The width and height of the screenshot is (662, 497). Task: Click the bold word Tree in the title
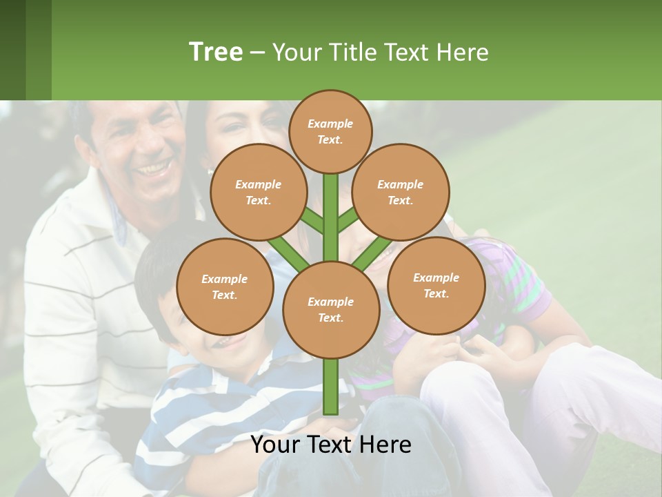click(216, 52)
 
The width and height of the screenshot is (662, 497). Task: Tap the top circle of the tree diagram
click(330, 131)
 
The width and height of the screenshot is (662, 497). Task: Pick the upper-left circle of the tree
click(258, 193)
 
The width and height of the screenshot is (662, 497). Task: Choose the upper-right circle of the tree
click(401, 193)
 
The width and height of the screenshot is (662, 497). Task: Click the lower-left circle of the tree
click(224, 286)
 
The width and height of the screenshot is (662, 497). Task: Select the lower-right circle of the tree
click(436, 285)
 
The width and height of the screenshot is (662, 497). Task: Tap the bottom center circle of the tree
click(331, 309)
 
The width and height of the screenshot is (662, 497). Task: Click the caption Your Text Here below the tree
click(331, 445)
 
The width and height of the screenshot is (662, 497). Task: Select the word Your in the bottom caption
click(274, 445)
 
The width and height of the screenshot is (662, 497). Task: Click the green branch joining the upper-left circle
click(312, 220)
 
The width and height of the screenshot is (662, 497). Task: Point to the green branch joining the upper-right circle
click(349, 220)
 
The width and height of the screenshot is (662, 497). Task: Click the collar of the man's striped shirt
click(114, 214)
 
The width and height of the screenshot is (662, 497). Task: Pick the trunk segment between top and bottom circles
click(331, 217)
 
